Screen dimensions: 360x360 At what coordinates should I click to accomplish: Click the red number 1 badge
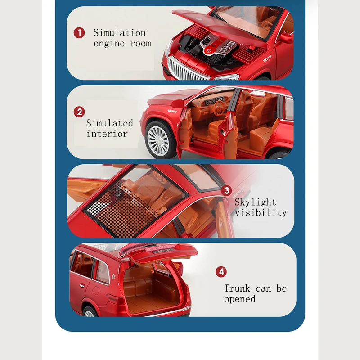79,33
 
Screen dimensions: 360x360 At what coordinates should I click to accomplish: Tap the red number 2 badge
79,112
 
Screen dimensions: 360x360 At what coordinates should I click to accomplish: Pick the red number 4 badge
221,272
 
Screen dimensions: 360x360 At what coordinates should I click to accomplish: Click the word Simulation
119,33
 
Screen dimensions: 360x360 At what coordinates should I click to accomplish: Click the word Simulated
109,123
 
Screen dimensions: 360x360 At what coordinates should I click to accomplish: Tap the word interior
107,134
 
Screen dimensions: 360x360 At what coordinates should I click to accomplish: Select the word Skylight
255,202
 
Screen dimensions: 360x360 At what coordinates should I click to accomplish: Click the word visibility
261,213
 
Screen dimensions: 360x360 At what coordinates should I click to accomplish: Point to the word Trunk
237,288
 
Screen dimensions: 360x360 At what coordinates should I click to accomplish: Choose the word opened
240,299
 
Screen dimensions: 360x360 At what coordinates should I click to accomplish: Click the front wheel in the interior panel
158,140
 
